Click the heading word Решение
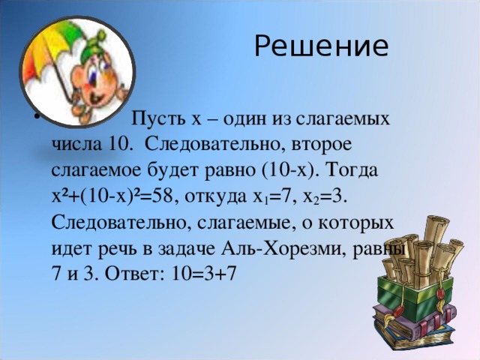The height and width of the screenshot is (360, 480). pos(322,46)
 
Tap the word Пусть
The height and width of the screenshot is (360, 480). pos(157,118)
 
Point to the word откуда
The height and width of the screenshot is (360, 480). pos(215,198)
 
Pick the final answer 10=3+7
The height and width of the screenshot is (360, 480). pos(204,273)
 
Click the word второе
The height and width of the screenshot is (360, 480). pos(321,145)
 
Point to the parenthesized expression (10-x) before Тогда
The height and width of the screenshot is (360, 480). pos(289,171)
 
